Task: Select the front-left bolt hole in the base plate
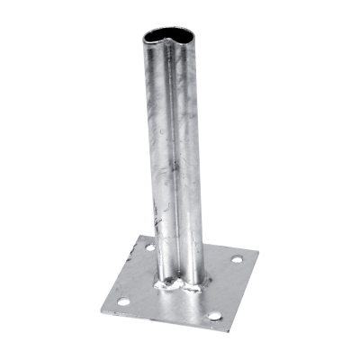123,301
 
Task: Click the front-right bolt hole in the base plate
214,316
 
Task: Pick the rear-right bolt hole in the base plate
236,259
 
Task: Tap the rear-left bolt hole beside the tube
149,247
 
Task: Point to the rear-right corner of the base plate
258,251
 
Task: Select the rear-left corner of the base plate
138,236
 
